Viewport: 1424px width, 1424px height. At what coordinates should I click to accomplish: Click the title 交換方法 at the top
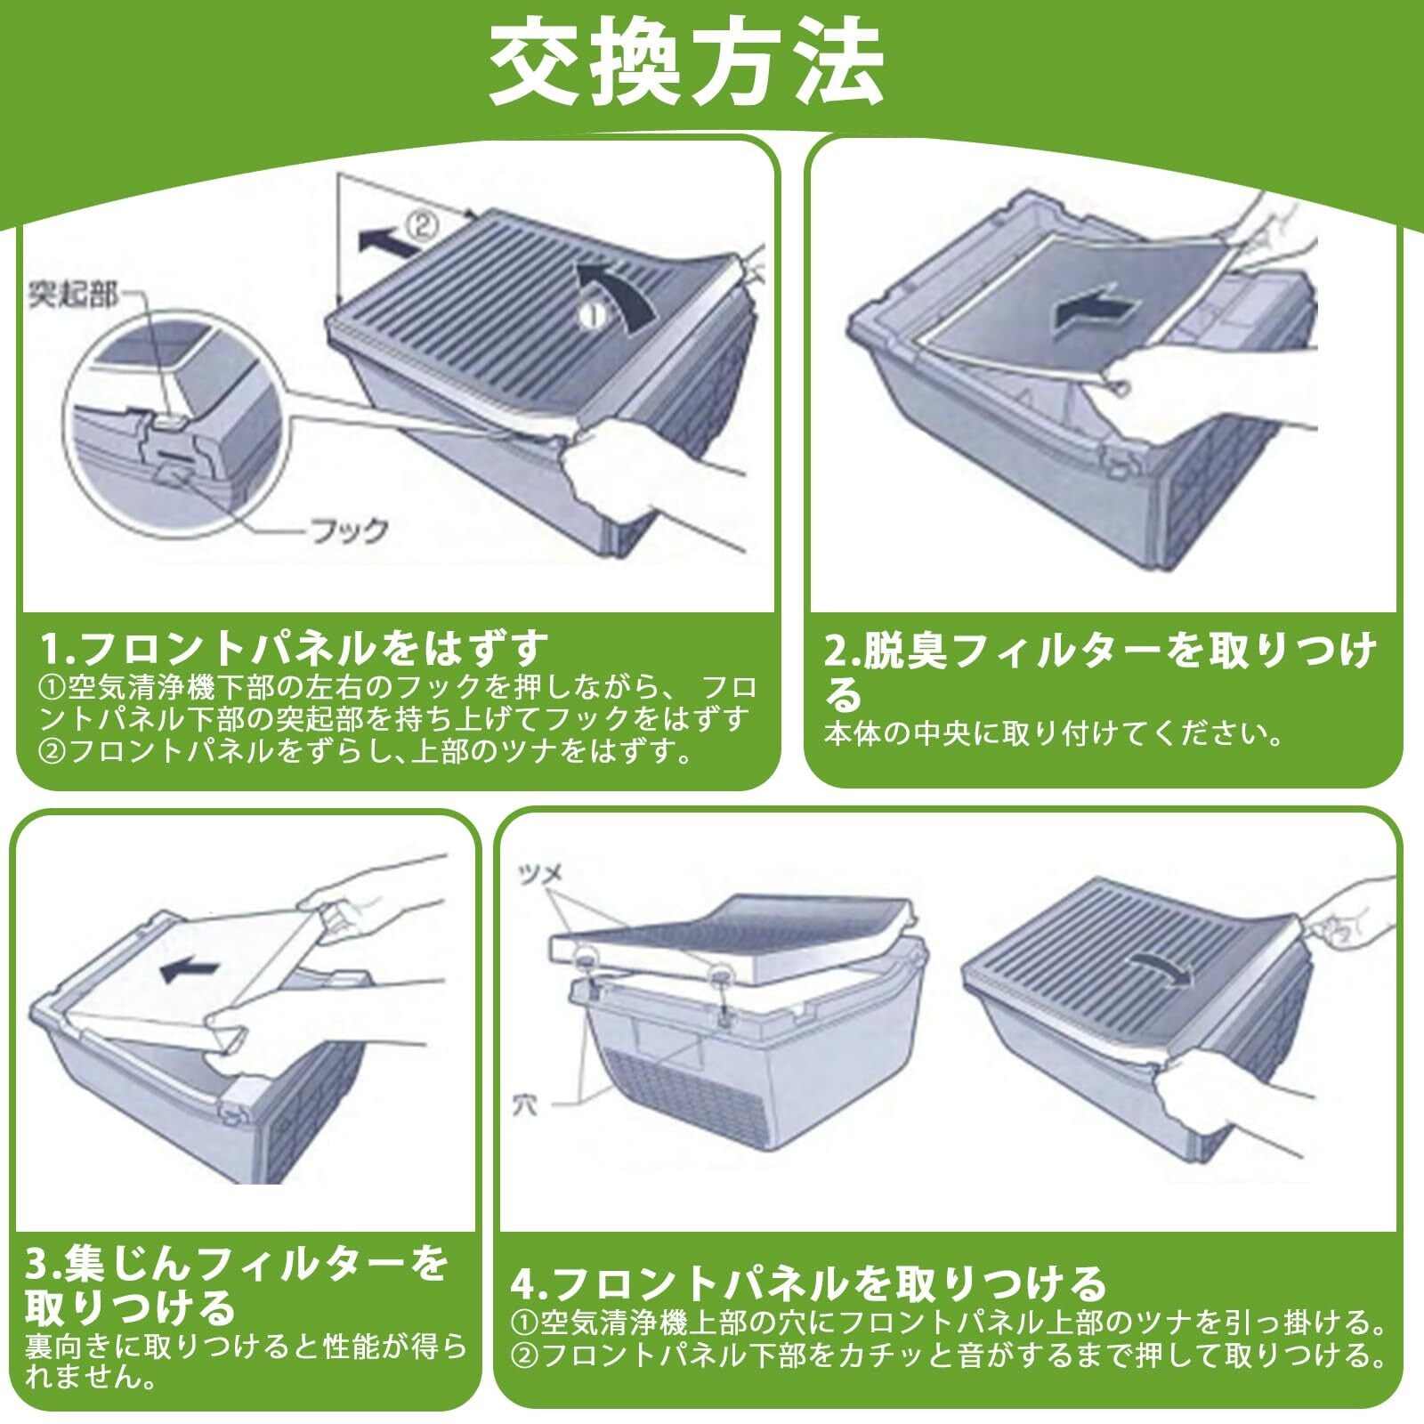coord(685,62)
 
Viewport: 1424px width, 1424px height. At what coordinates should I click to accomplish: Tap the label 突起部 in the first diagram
coord(73,294)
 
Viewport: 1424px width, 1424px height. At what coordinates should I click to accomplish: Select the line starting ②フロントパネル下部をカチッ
coord(948,1355)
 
